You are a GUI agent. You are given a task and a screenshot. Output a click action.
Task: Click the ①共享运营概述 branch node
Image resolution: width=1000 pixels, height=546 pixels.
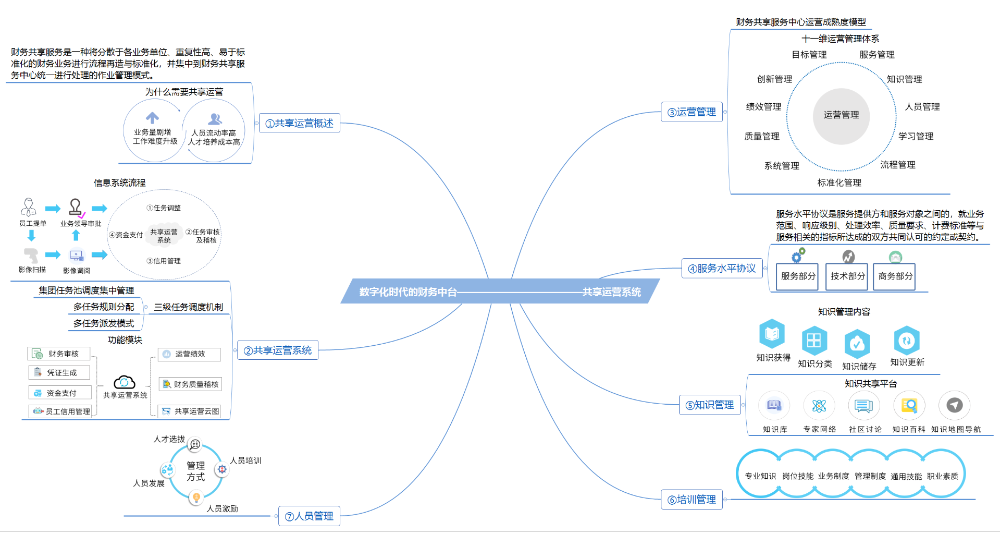[x=299, y=123]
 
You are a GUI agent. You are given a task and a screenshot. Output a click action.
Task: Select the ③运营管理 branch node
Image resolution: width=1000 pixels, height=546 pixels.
[x=692, y=112]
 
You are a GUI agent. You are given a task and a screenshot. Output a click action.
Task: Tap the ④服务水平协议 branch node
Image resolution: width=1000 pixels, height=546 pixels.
[x=722, y=268]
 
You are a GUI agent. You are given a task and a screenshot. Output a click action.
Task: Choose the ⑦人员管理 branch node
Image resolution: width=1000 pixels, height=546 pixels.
[x=309, y=516]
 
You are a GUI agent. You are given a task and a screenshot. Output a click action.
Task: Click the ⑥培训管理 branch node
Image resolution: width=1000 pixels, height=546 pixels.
[x=692, y=499]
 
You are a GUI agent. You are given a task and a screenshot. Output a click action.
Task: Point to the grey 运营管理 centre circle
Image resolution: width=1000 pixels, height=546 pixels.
[x=841, y=116]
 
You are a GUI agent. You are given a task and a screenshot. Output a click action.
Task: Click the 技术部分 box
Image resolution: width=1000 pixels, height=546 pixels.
[x=847, y=276]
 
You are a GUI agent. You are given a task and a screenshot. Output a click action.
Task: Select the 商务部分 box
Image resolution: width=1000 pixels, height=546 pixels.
[x=895, y=276]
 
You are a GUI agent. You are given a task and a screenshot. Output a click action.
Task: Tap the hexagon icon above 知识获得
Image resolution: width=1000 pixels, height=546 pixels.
[x=772, y=333]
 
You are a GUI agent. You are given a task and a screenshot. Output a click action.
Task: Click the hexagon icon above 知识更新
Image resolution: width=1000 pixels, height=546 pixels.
[x=907, y=340]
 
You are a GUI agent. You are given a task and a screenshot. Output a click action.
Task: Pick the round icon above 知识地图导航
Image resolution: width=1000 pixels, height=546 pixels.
[x=954, y=405]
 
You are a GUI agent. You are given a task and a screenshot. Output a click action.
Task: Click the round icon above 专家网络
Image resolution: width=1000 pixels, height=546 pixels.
[x=819, y=405]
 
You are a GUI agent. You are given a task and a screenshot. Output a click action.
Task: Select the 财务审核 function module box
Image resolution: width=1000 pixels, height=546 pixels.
[x=59, y=354]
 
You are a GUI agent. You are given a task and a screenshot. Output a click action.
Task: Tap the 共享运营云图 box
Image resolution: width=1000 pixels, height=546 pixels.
[x=189, y=411]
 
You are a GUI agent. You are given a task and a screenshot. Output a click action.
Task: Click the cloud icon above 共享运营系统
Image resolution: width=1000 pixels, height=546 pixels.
[x=125, y=382]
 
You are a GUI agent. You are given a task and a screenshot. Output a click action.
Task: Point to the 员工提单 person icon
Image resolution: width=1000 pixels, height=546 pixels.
[x=29, y=207]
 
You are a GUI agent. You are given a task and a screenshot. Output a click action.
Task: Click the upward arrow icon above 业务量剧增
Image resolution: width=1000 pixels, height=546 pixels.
[x=152, y=118]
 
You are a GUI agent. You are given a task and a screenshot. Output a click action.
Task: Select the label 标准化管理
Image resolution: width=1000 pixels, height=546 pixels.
[x=839, y=183]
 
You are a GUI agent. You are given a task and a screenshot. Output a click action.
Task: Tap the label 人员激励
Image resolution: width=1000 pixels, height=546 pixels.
[x=222, y=508]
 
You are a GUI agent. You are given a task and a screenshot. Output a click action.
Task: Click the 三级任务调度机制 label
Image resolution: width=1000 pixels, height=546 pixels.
[x=188, y=307]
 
